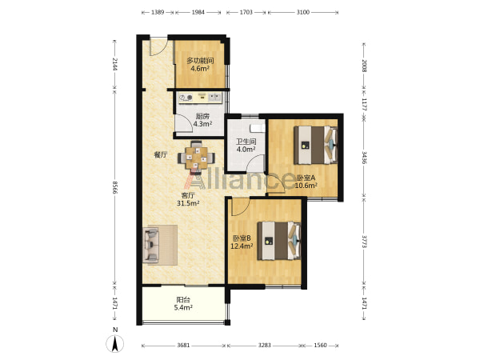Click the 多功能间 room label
pos(200,60)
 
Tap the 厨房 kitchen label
pos(202,116)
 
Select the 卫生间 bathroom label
pos(246,142)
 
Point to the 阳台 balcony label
pos(183,300)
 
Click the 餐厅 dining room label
pos(161,155)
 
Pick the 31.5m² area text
pos(188,203)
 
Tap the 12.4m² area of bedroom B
pos(242,246)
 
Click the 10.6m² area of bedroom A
pos(306,186)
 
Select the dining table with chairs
pos(196,156)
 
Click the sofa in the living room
pos(150,246)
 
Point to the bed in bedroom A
pos(316,145)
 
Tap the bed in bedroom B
pos(279,241)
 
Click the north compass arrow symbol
pos(115,343)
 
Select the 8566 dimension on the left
pos(114,187)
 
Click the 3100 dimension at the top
pos(302,12)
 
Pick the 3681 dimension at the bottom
pos(183,346)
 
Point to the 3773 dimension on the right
pos(364,242)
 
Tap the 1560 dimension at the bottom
pos(320,346)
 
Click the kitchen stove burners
pos(186,98)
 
